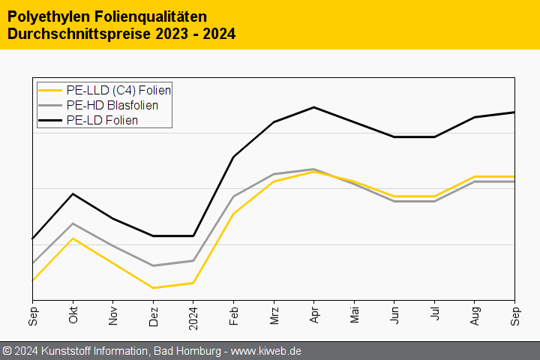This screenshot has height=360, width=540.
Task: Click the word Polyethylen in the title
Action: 40,16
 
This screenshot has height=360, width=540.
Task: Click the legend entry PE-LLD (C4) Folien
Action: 118,90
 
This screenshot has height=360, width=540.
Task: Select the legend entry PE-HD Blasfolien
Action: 117,105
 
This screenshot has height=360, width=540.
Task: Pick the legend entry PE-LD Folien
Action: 102,120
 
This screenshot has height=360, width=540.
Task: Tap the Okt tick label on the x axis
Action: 73,316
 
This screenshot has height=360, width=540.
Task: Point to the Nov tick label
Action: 113,316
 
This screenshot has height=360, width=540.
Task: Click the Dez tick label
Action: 153,316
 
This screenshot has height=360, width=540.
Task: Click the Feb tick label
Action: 233,316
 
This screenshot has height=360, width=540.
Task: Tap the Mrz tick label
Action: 274,316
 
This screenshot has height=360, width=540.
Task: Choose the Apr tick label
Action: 313,316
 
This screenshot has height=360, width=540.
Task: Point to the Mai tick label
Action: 354,316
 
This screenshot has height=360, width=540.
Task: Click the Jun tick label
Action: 394,316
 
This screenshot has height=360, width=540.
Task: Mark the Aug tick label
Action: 475,316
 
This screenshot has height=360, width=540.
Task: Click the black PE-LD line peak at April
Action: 313,107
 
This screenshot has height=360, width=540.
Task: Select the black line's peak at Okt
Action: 73,193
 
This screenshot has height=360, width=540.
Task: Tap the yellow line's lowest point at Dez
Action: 153,288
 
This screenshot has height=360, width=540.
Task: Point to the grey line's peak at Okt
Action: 73,223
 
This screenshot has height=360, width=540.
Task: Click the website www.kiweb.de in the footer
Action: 268,351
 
